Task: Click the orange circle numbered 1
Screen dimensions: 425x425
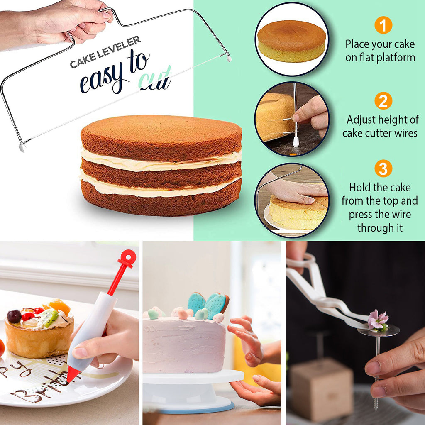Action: [383, 25]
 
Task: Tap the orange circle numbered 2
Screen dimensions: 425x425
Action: [383, 101]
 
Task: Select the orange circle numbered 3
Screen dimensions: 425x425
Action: [383, 169]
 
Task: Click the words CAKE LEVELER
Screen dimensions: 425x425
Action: [105, 51]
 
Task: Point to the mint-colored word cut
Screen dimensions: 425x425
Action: [155, 79]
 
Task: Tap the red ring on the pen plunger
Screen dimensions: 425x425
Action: [127, 258]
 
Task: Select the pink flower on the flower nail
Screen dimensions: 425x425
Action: [378, 320]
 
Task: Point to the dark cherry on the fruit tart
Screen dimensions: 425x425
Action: [14, 316]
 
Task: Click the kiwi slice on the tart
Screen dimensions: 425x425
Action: [49, 317]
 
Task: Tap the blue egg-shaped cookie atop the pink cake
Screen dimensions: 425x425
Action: [196, 303]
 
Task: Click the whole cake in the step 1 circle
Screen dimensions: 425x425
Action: [291, 41]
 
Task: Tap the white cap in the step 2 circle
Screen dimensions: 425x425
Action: [296, 142]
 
